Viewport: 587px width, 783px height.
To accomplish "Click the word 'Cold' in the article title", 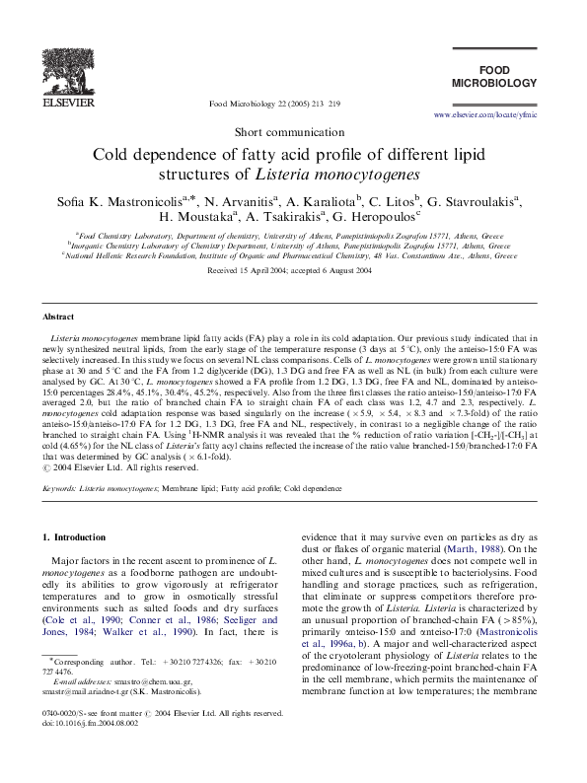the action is (x=111, y=155).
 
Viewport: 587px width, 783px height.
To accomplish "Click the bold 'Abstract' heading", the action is (x=56, y=318).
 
